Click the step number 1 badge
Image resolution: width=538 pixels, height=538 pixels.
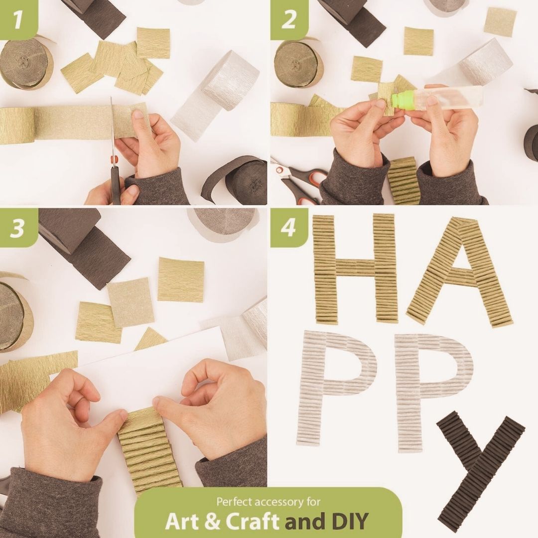coord(18,19)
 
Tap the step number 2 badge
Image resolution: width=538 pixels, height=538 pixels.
coord(288,19)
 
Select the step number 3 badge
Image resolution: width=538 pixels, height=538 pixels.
coord(18,227)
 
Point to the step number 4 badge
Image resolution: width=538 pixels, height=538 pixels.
coord(288,227)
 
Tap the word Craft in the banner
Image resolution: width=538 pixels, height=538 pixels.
coord(252,521)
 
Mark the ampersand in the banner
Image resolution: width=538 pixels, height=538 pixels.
coord(213,521)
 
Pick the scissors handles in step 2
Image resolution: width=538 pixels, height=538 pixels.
coord(302,182)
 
